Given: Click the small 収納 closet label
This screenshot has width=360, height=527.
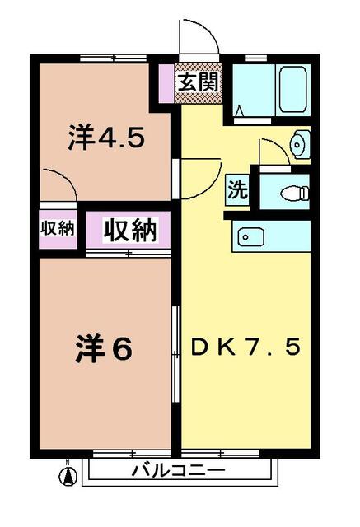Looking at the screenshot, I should point(57,229).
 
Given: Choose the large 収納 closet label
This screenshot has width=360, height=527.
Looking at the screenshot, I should point(129,230).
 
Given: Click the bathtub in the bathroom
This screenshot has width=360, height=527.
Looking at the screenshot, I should point(292,89).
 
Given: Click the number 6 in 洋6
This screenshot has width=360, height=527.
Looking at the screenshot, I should point(121,350).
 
